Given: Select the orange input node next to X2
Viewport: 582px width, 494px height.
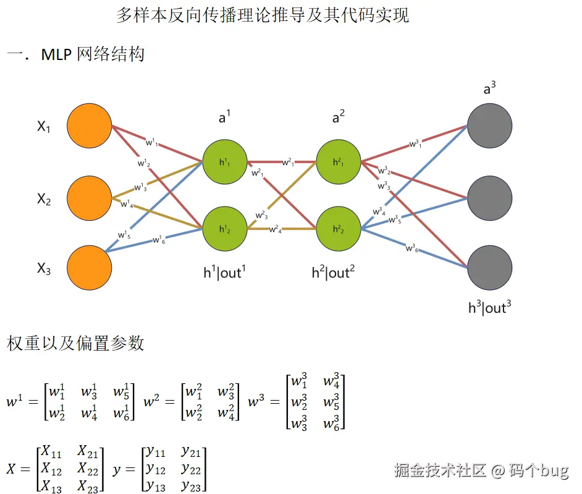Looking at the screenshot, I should tap(90, 198).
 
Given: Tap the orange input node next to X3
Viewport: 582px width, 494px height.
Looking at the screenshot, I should tap(90, 268).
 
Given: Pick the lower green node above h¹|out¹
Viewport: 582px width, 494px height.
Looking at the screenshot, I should tap(225, 228).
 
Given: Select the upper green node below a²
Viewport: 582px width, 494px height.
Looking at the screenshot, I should tap(338, 162).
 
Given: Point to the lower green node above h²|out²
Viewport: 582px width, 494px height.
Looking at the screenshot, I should tap(338, 228).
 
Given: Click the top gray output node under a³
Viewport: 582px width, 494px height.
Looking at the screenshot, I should tap(490, 126).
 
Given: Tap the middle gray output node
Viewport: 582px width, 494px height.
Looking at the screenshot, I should tap(490, 198).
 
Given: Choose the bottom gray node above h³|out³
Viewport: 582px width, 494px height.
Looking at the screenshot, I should tap(490, 268).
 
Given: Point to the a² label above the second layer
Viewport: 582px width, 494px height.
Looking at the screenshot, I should tap(339, 117).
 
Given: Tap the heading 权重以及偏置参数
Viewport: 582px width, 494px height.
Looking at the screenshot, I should tap(75, 343).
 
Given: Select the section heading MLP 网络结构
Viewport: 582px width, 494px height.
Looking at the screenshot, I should tap(93, 54).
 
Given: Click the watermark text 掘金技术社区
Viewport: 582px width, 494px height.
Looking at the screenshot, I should tap(441, 471).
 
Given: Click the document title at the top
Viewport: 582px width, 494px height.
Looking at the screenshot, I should tap(263, 15).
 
